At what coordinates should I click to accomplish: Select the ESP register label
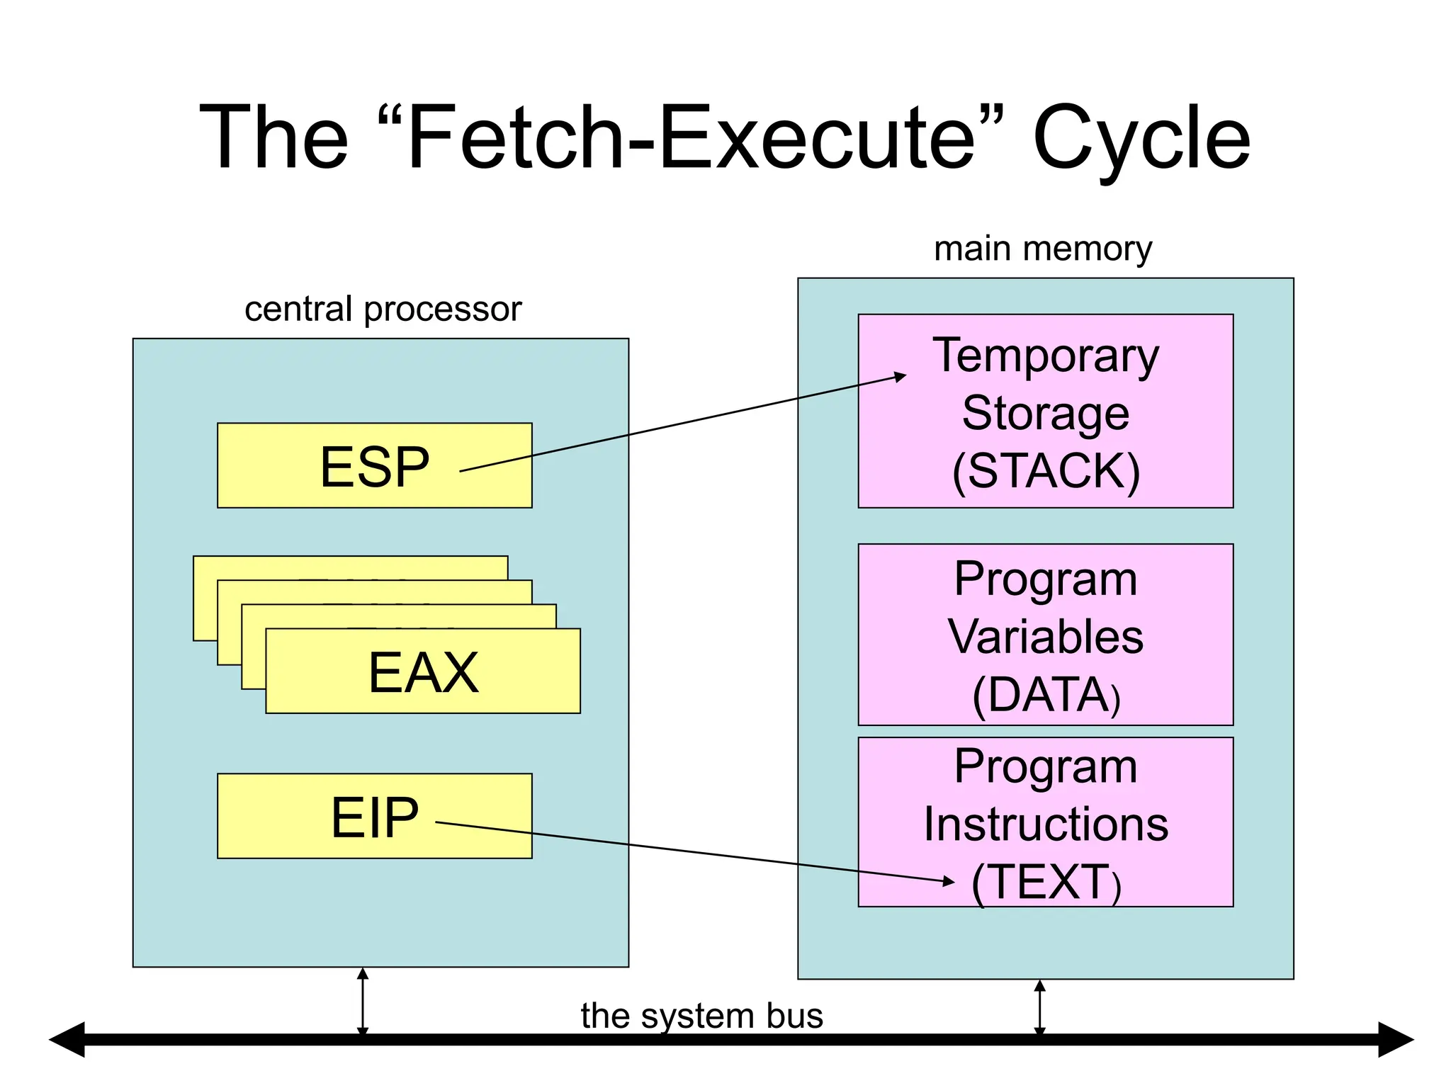[x=374, y=467]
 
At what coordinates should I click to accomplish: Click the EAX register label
[x=423, y=672]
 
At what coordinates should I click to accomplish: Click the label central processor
[x=383, y=309]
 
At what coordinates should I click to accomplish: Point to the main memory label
[x=1042, y=249]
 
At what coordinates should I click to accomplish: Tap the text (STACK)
[x=1045, y=470]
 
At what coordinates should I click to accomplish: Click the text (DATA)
[x=1045, y=695]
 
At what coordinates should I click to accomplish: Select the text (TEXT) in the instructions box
[x=1045, y=882]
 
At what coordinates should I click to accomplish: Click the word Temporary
[x=1045, y=356]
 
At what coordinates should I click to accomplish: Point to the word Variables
[x=1045, y=636]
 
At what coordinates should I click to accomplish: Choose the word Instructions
[x=1045, y=824]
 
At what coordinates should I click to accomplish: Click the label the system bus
[x=701, y=1015]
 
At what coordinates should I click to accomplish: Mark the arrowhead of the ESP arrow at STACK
[x=900, y=377]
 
